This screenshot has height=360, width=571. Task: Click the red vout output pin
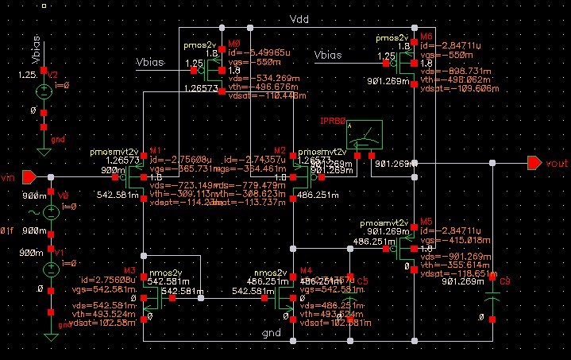(x=534, y=163)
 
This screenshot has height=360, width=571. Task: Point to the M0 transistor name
(x=233, y=43)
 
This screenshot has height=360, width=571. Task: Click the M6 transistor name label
(x=426, y=37)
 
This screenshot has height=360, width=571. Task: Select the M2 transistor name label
(x=279, y=149)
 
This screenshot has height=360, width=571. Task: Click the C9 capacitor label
(x=504, y=281)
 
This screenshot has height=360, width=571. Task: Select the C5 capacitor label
(x=362, y=281)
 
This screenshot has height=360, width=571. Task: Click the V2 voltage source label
(x=53, y=74)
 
